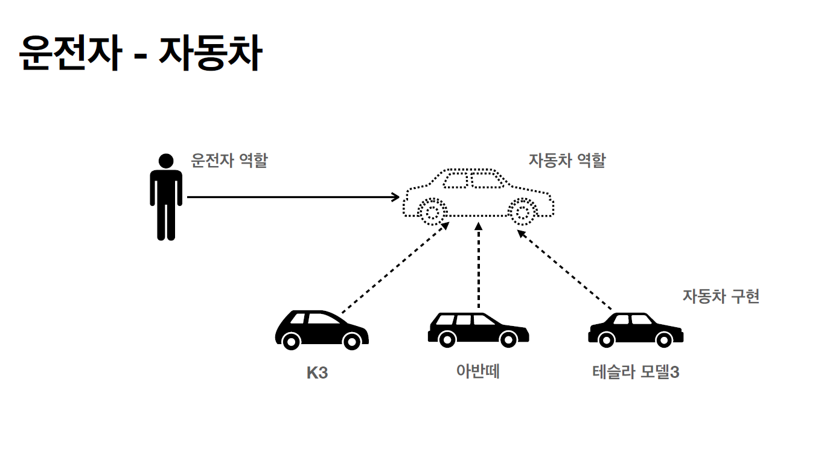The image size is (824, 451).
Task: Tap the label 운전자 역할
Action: (229, 161)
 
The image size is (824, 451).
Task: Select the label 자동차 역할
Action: (567, 161)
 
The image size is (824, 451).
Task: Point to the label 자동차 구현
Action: (721, 296)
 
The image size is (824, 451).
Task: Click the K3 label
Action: (317, 373)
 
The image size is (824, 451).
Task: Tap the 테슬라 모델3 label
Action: (636, 372)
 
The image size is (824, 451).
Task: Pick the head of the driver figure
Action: (166, 161)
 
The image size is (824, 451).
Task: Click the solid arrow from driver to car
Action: (290, 197)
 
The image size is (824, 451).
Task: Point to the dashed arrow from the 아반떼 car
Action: (479, 266)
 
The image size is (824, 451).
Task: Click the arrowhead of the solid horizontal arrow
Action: (396, 197)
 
